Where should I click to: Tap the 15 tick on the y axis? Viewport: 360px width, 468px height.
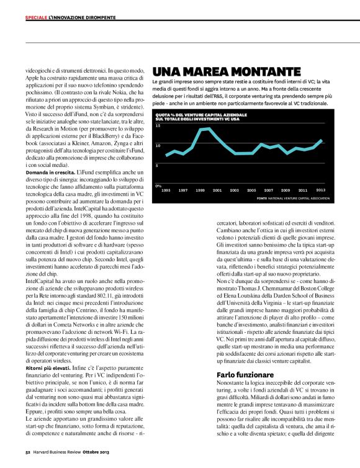point(158,126)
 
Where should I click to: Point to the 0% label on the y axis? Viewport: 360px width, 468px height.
point(158,185)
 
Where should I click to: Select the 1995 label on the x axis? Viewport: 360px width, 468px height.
point(166,190)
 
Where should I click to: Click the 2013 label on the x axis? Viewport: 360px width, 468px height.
point(320,190)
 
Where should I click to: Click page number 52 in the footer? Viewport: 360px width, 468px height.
point(28,461)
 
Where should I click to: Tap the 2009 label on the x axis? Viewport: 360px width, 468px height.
point(286,190)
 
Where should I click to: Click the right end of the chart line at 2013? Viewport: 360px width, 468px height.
point(322,140)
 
